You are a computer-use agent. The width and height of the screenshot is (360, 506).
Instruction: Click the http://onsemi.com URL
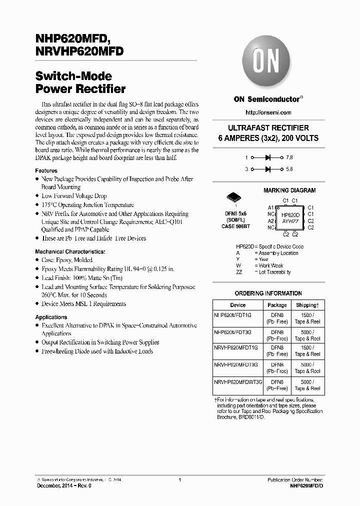(x=268, y=112)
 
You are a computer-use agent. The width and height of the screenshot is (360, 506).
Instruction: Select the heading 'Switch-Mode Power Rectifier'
(x=80, y=83)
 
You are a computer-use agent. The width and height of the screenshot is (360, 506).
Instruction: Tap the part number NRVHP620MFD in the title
(x=79, y=51)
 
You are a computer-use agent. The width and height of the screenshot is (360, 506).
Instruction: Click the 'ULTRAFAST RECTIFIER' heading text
(x=268, y=128)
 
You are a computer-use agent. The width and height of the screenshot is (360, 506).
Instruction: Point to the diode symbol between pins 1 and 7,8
(x=268, y=157)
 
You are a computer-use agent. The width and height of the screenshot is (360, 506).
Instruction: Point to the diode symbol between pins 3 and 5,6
(x=268, y=169)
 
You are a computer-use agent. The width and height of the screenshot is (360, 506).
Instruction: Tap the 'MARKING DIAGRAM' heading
(x=289, y=190)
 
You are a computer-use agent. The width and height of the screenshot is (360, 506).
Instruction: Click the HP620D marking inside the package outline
(x=290, y=214)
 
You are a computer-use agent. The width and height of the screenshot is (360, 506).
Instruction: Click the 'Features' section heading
(x=46, y=170)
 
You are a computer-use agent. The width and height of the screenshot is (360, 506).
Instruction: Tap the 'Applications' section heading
(x=51, y=317)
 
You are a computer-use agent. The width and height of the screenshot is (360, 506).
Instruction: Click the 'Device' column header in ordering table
(x=238, y=305)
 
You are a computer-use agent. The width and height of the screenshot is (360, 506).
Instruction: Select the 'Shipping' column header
(x=307, y=305)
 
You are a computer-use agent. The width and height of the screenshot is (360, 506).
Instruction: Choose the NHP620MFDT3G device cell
(x=233, y=331)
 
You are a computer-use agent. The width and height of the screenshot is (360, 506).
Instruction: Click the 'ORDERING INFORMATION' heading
(x=268, y=293)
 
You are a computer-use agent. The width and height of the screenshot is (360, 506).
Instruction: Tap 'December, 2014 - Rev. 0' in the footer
(x=63, y=485)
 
